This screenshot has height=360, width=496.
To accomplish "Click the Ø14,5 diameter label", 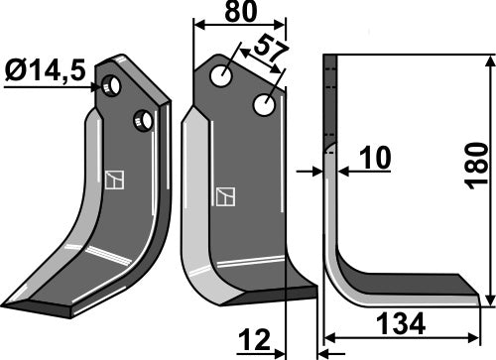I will [x=44, y=72].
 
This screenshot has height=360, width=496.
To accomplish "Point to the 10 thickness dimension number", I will [x=376, y=158].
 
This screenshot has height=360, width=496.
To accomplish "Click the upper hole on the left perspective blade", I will [x=115, y=87].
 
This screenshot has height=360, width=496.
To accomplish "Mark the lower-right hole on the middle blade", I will [x=264, y=103].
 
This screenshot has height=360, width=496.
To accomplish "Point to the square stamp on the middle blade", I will [x=224, y=195].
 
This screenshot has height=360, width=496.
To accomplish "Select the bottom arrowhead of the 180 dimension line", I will [x=490, y=300].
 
